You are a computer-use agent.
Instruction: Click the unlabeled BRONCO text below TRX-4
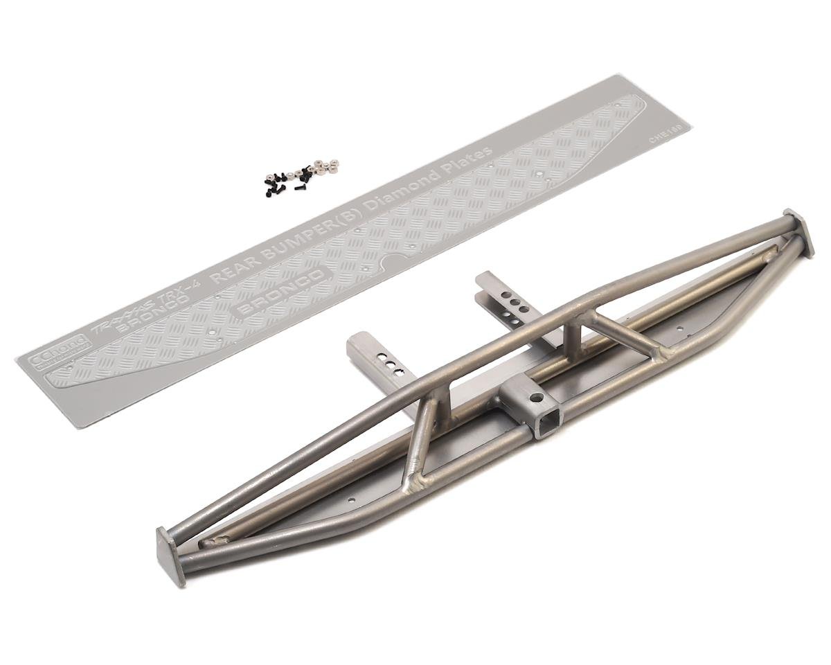pos(143,326)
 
